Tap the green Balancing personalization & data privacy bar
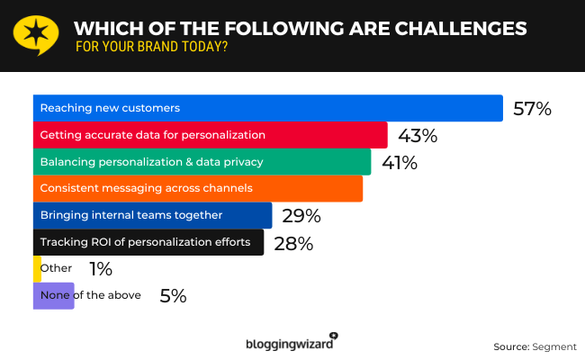(202, 162)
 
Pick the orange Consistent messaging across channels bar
(198, 189)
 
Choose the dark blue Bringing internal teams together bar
(152, 216)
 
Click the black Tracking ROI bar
(148, 243)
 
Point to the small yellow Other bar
(37, 269)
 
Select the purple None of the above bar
(53, 295)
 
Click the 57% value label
(531, 109)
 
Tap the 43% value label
(417, 136)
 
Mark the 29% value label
(301, 217)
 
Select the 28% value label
(292, 244)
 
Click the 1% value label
(100, 269)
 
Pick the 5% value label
(172, 295)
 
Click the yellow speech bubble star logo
(36, 34)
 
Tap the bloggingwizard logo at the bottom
(291, 342)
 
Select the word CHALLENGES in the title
(449, 28)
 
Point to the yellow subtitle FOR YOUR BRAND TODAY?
(150, 47)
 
